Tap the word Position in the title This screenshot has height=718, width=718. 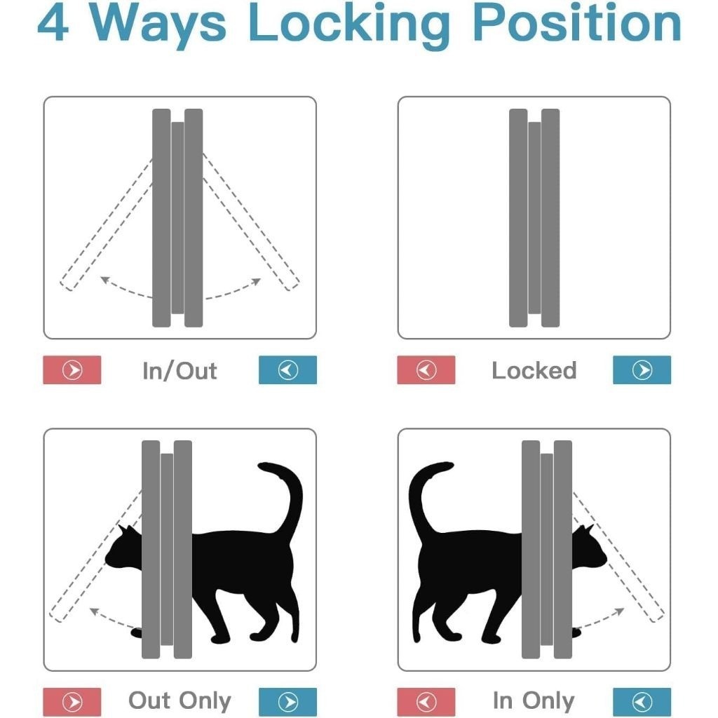pos(577,23)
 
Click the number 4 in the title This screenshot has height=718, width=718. pos(53,23)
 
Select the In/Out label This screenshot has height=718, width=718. pos(179,370)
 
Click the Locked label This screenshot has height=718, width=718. pos(534,370)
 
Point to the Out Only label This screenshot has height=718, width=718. pos(179,700)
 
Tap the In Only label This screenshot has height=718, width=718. pos(534,700)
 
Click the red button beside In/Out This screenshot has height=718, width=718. pos(72,370)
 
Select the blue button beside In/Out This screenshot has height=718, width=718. pos(287,370)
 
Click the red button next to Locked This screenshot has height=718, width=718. pos(426,370)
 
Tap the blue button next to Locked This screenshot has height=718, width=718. pos(642,370)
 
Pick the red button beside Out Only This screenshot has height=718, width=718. pos(72,702)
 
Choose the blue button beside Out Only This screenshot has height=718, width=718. pos(287,702)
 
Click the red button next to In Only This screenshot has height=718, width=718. pos(426,702)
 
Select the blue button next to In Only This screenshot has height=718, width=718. pos(642,702)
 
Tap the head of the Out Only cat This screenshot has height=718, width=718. pos(123,550)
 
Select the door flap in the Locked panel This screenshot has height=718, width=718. pos(534,218)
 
